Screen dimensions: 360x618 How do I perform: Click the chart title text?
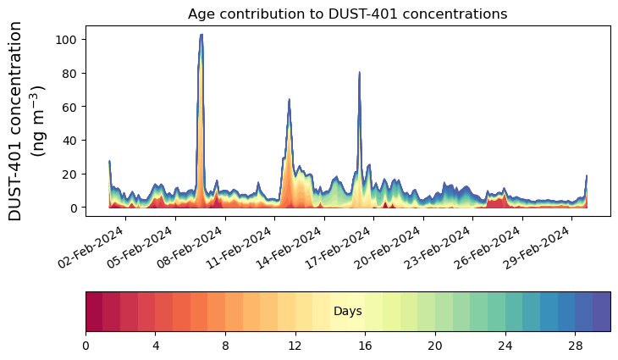point(347,14)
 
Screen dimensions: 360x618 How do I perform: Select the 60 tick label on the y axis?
point(72,107)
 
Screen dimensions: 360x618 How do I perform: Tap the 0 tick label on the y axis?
point(75,208)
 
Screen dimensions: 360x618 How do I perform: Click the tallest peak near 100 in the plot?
point(201,36)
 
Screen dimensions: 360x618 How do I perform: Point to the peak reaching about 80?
point(360,73)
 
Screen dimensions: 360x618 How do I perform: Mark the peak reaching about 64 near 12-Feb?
point(290,100)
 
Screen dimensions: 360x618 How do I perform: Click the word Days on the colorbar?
point(347,312)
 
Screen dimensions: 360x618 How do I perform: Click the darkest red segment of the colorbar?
point(94,312)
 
